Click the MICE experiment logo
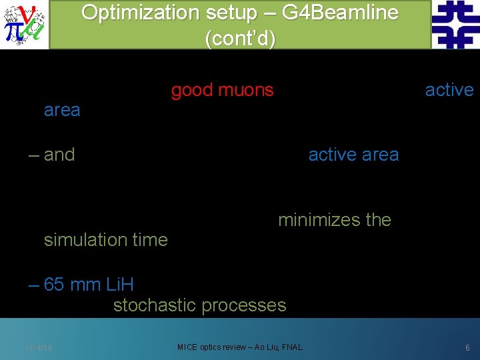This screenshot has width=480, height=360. [24, 25]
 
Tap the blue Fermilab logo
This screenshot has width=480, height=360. [455, 25]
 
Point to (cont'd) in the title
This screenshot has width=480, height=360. [239, 38]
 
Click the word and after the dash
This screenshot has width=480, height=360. [59, 155]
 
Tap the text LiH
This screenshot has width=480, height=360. [119, 285]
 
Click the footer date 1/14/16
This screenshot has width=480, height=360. [39, 347]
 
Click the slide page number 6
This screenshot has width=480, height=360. [467, 347]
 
